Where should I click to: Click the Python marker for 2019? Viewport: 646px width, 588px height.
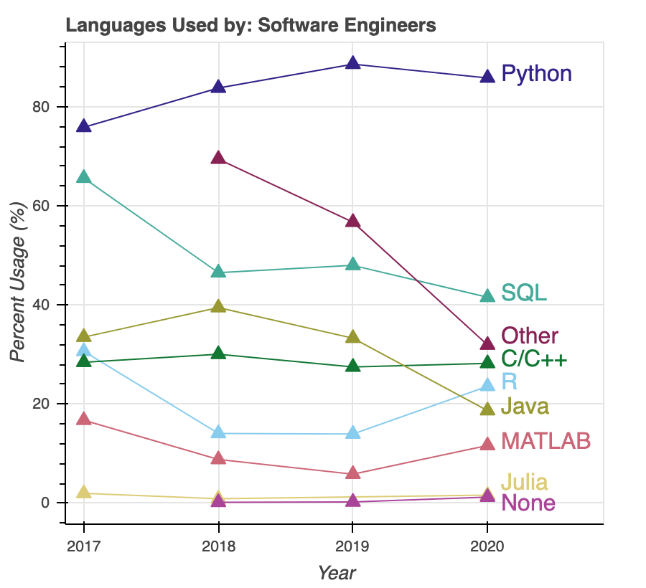[x=352, y=63]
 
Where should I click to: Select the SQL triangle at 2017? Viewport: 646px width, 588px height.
[x=84, y=177]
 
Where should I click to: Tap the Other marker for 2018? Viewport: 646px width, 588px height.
[x=218, y=158]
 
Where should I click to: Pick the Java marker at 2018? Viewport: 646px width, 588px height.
[x=218, y=307]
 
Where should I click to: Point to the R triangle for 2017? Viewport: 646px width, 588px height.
[x=84, y=351]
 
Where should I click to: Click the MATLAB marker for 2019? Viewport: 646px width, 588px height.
[x=352, y=473]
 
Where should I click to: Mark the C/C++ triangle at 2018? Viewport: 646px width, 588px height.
[x=218, y=354]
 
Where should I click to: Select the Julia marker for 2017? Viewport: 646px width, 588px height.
[x=84, y=493]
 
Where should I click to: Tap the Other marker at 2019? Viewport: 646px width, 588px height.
[x=352, y=221]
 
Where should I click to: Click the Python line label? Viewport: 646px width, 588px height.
[x=536, y=73]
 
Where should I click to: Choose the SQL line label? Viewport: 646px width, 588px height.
[x=524, y=292]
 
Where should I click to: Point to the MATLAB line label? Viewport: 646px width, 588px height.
[x=546, y=440]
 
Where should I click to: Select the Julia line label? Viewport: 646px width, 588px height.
[x=524, y=482]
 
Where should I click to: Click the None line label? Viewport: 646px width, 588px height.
[x=528, y=502]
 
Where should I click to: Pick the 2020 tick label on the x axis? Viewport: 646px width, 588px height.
[x=487, y=547]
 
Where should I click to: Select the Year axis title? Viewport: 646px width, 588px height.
[x=337, y=573]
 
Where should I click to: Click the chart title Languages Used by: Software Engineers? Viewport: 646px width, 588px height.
[x=251, y=26]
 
